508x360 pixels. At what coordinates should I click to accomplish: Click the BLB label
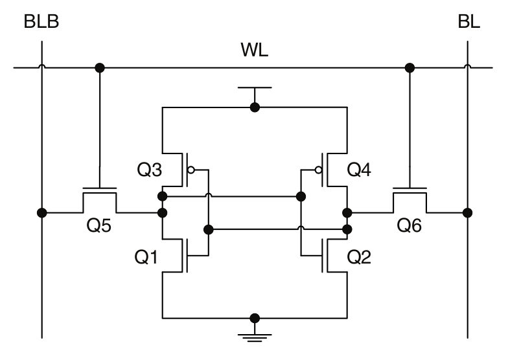[x=41, y=23]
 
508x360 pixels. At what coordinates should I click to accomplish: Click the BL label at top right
[x=468, y=23]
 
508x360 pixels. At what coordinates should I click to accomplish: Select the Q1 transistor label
[x=147, y=256]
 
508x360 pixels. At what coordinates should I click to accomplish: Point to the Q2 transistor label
[x=360, y=256]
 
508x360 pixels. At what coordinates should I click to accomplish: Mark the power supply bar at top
[x=255, y=87]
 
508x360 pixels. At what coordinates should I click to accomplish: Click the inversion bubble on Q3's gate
[x=190, y=170]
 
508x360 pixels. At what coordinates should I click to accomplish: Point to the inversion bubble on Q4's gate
[x=318, y=170]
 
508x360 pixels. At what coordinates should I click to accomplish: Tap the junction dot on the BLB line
[x=42, y=212]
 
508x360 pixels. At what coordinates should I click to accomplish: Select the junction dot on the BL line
[x=467, y=212]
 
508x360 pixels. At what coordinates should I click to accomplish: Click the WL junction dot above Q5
[x=100, y=67]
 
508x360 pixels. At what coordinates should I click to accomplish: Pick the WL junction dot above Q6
[x=410, y=67]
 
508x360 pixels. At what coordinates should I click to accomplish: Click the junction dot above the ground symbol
[x=255, y=318]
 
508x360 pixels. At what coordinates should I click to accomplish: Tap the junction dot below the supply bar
[x=255, y=107]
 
